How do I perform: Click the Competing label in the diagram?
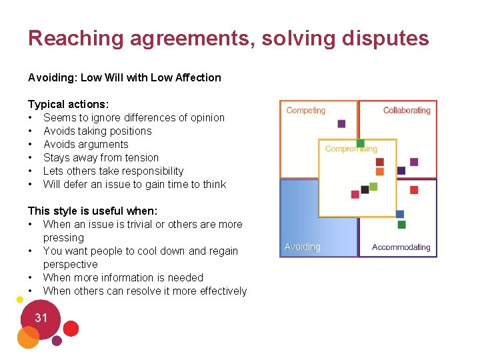[305, 110]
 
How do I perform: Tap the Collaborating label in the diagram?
[407, 110]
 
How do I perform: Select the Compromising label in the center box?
[351, 149]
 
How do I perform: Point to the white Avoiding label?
[302, 247]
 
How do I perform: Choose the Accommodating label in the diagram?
[401, 247]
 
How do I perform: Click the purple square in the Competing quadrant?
[342, 123]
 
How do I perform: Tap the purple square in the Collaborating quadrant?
[414, 162]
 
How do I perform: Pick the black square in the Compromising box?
[365, 189]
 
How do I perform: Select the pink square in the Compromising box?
[355, 194]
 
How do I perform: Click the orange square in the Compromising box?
[380, 172]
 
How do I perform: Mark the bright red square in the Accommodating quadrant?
[414, 190]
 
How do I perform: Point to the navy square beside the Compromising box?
[401, 171]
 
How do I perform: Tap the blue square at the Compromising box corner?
[400, 214]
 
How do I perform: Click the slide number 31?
[41, 318]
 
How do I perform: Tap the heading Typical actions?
[69, 104]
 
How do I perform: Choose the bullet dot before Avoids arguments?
[31, 144]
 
